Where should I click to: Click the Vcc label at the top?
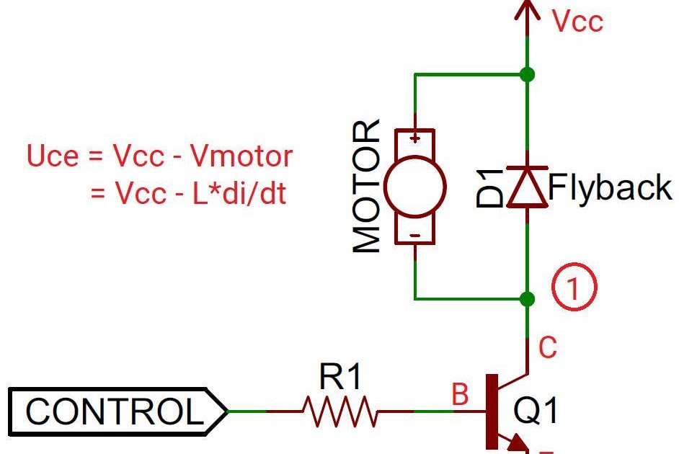(577, 22)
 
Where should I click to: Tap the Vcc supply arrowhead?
(528, 10)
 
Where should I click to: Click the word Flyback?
(611, 188)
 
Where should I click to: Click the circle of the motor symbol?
(414, 187)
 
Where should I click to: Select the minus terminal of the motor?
(415, 236)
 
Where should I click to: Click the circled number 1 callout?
(574, 288)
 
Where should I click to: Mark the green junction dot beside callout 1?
(528, 298)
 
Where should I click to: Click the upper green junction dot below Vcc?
(528, 74)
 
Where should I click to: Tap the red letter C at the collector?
(548, 348)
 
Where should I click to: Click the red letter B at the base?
(459, 395)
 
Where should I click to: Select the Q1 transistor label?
(536, 411)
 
